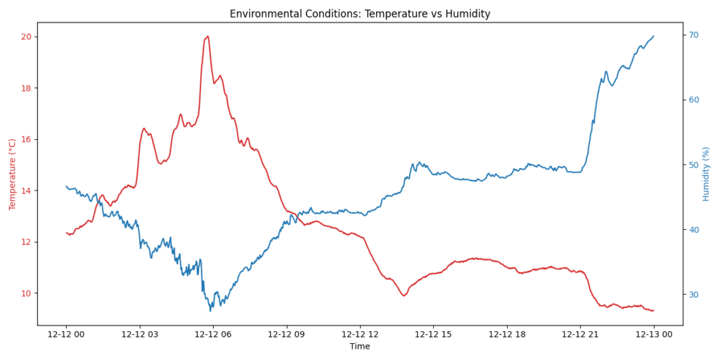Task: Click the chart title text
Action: [x=359, y=14]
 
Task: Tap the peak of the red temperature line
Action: [x=207, y=36]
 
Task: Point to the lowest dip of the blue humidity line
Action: [x=210, y=310]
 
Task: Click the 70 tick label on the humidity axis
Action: [x=693, y=35]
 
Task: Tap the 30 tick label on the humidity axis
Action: [x=693, y=295]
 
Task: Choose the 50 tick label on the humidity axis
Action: [x=693, y=165]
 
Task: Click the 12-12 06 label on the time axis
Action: [x=213, y=335]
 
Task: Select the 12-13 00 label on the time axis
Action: [x=653, y=335]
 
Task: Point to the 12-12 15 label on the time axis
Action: [x=433, y=335]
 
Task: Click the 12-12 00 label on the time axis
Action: [x=66, y=335]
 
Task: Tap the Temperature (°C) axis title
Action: [x=12, y=174]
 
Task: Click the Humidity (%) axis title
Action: [x=706, y=174]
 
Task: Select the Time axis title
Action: [x=359, y=347]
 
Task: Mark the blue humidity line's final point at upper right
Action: [x=653, y=36]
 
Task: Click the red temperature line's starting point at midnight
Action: [x=67, y=233]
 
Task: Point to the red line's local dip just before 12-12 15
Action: [x=404, y=295]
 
